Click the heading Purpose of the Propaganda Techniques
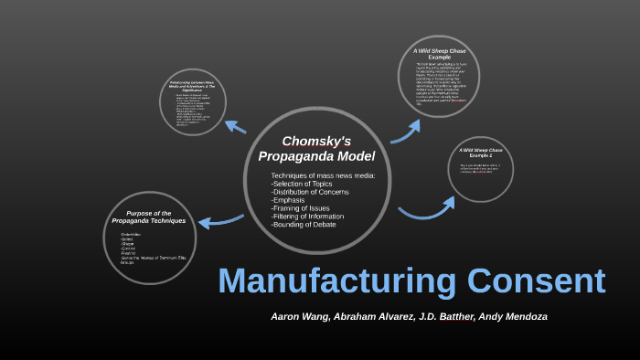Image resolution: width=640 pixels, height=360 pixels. [148, 217]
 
